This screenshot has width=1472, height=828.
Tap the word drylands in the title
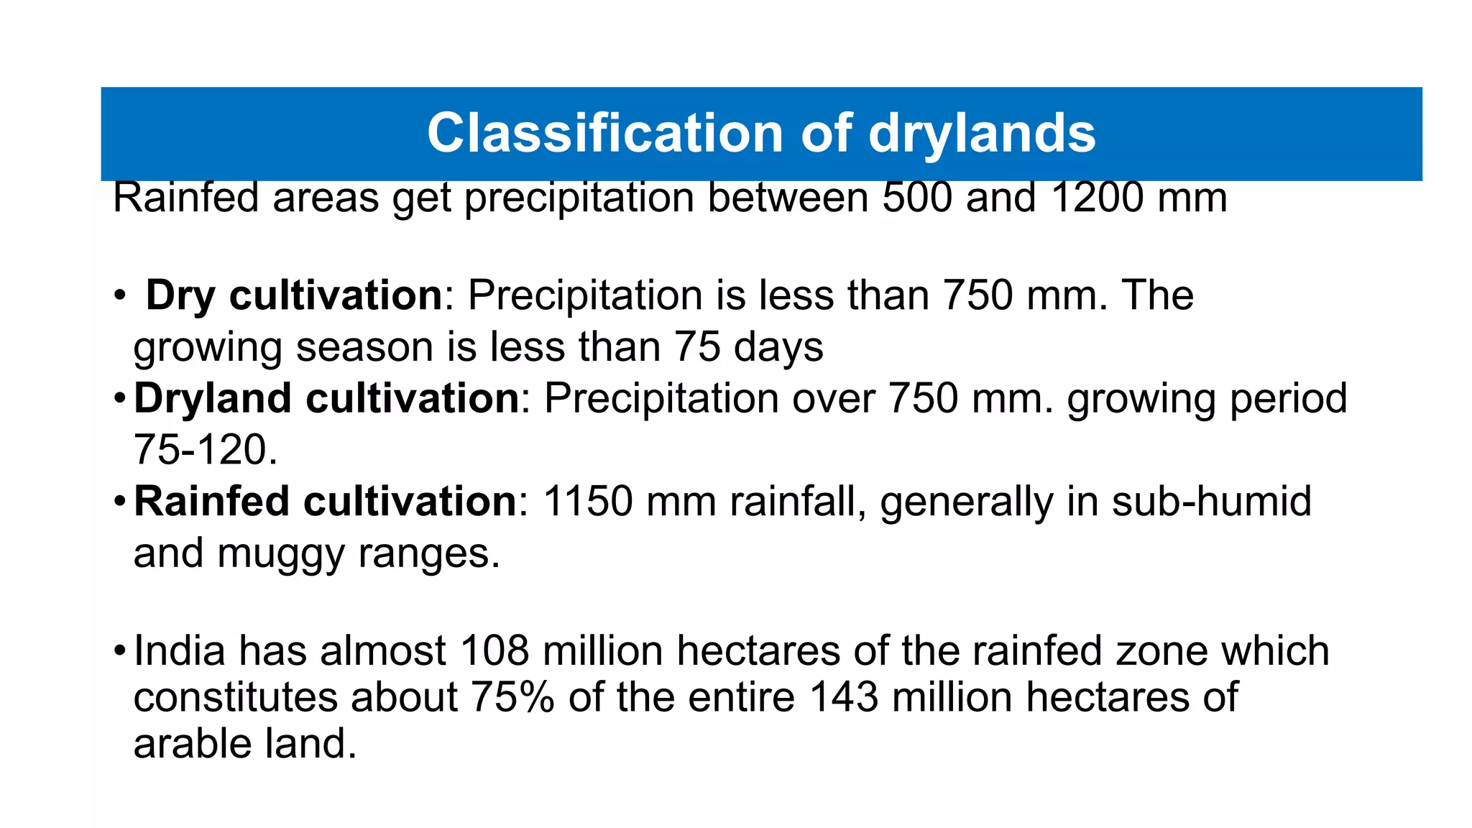pos(982,134)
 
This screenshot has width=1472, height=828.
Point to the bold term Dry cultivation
pos(294,295)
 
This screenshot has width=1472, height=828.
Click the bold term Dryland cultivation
pos(326,398)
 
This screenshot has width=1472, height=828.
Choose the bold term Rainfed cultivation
pos(325,501)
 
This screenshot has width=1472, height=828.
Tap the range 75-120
pos(206,450)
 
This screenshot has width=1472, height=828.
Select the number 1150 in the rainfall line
pos(587,501)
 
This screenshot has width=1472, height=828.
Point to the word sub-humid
pos(1212,501)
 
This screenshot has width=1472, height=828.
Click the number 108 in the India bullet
pos(494,650)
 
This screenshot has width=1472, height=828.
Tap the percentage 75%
pos(512,697)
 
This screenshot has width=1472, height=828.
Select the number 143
pos(844,697)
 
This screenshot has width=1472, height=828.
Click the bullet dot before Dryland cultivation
pos(119,398)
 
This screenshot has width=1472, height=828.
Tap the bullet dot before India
pos(119,652)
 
